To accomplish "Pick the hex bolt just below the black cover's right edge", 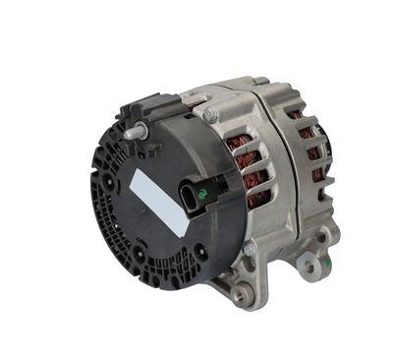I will coord(249,250).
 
